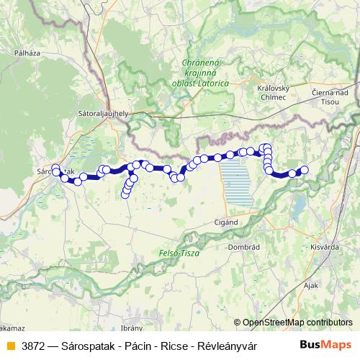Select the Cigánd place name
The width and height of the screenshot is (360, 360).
tap(226, 222)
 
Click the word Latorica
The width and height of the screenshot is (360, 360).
tap(212, 84)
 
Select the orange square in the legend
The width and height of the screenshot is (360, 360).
tap(9, 346)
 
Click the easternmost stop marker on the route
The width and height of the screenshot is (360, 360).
tap(304, 170)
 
